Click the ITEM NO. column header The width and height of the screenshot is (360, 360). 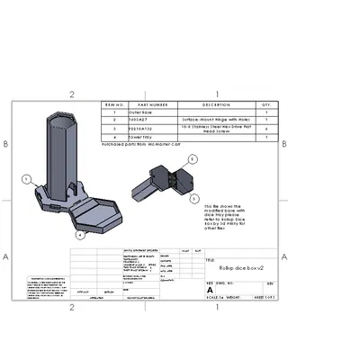tap(113, 105)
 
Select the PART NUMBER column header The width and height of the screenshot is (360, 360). tap(153, 105)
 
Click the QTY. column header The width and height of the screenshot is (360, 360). tap(265, 105)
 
